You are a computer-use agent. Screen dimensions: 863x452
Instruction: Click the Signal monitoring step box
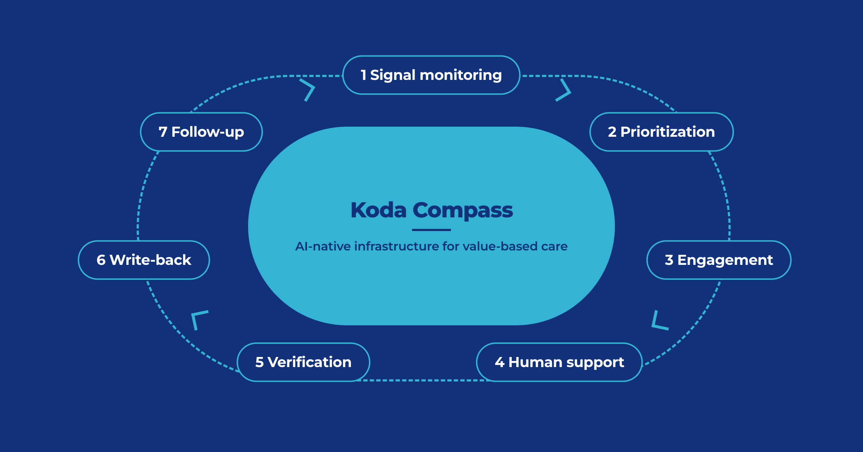431,75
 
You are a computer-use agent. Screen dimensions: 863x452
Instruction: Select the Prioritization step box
661,132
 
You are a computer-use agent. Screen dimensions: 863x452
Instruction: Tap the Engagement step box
719,260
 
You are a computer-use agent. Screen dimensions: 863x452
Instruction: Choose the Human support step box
560,362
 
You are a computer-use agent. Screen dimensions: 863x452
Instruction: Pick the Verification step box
303,362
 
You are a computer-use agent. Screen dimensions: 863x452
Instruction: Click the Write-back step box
144,260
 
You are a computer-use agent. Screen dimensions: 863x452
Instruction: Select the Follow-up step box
201,132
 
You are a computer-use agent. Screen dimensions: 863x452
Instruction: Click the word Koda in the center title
379,210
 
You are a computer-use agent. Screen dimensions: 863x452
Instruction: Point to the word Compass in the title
463,211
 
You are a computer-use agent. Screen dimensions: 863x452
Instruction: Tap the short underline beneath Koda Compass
431,230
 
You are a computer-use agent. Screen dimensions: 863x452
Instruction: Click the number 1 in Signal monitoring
364,75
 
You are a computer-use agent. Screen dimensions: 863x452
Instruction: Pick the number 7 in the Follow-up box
163,132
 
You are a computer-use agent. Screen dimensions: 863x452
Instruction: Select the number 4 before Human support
499,362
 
